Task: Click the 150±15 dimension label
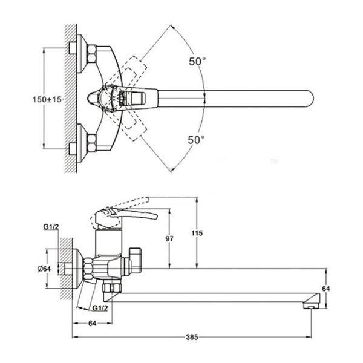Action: (47, 100)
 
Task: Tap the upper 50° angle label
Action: (197, 61)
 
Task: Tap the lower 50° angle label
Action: (196, 140)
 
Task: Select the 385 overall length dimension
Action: (192, 337)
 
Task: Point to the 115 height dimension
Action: (197, 233)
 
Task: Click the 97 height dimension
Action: (169, 238)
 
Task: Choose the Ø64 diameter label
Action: (44, 269)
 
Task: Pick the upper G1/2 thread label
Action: (51, 227)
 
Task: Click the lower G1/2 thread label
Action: (100, 308)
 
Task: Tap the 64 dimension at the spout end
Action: (326, 289)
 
